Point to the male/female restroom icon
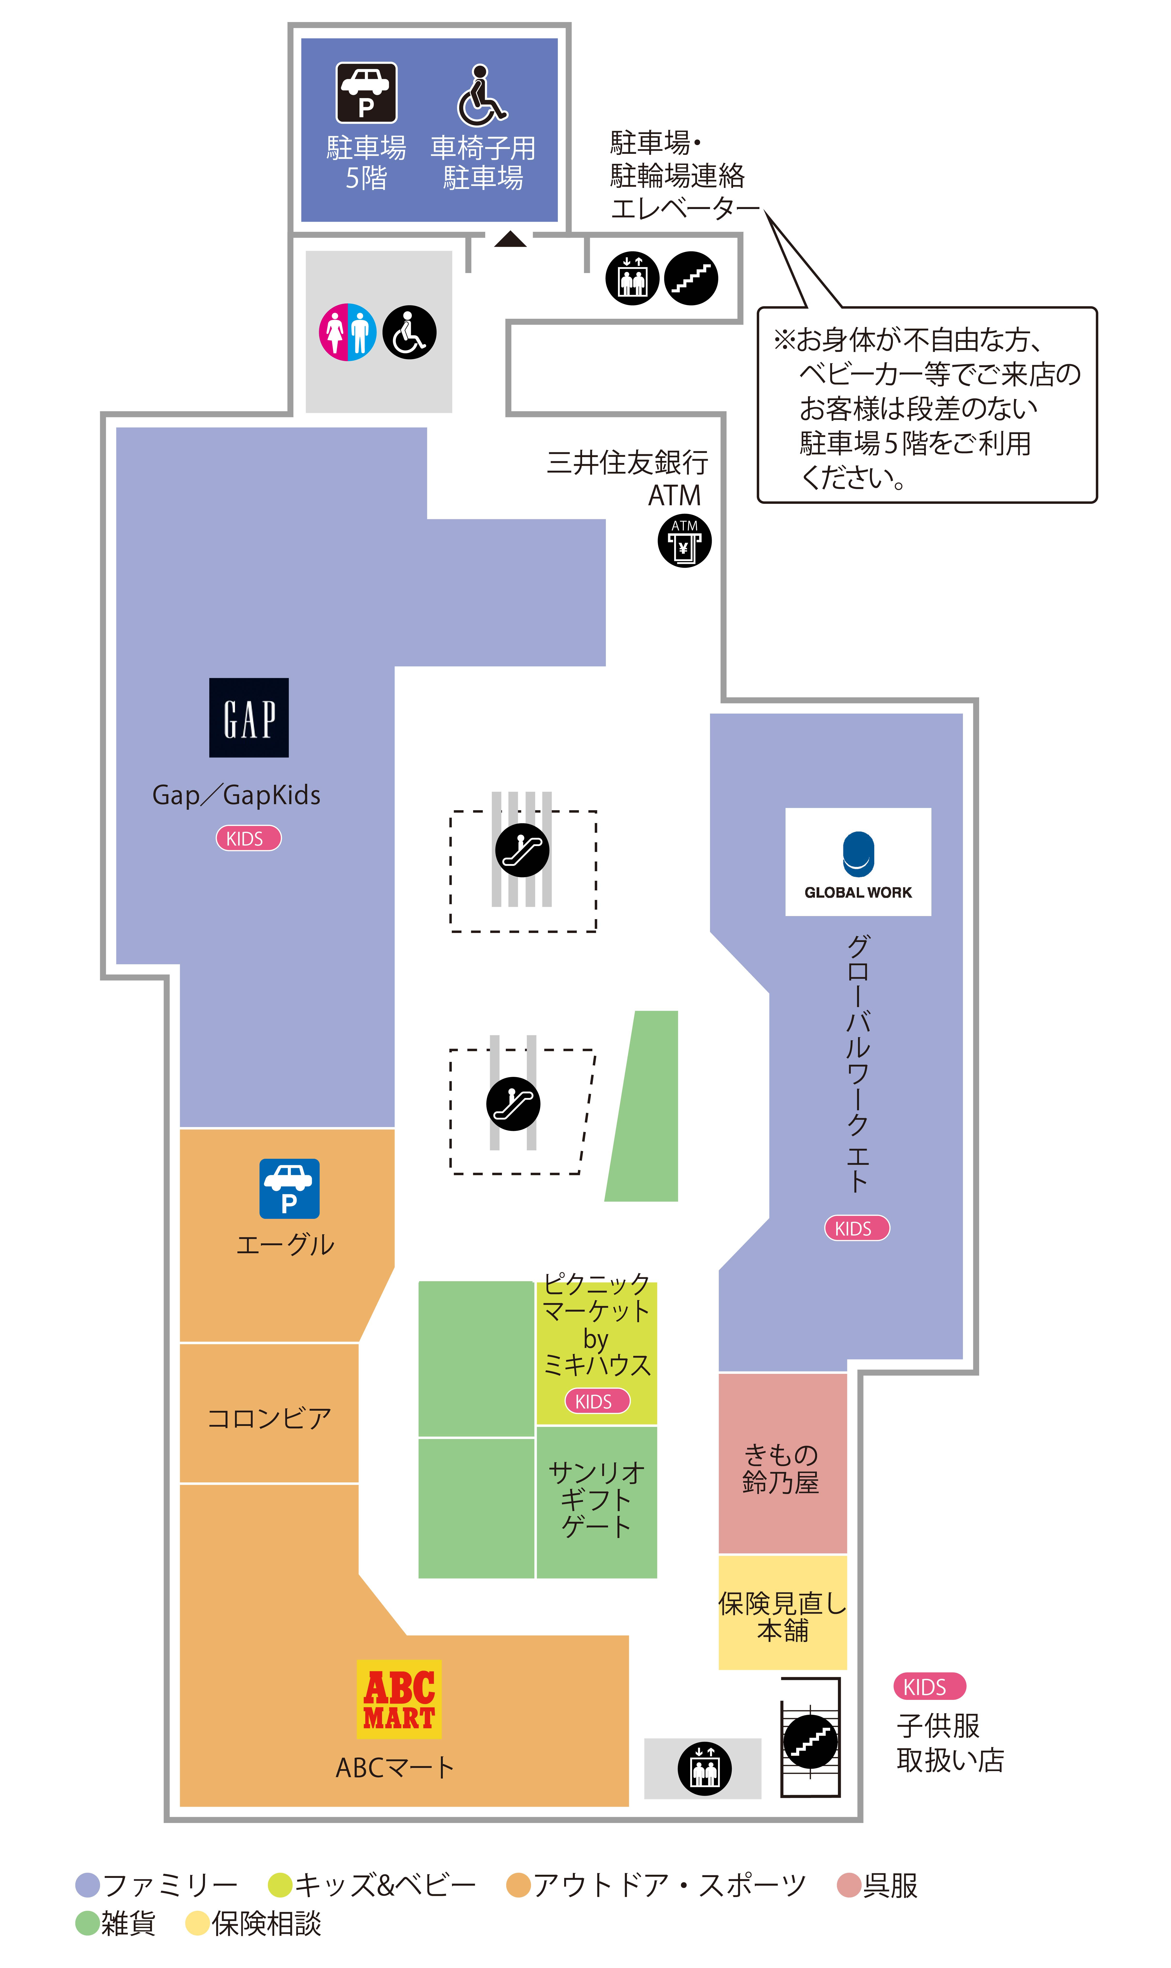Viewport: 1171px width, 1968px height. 347,332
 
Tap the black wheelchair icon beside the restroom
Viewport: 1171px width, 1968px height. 410,332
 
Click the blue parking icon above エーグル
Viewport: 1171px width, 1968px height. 289,1189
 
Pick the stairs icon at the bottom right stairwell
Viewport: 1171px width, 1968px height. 810,1742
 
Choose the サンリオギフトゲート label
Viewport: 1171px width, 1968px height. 597,1500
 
